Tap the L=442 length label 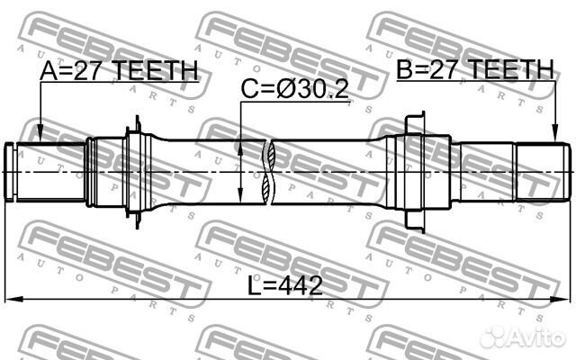coord(285,285)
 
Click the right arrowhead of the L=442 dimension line coord(568,299)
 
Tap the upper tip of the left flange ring coord(134,121)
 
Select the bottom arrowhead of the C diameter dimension coord(241,199)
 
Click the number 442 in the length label coord(302,285)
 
